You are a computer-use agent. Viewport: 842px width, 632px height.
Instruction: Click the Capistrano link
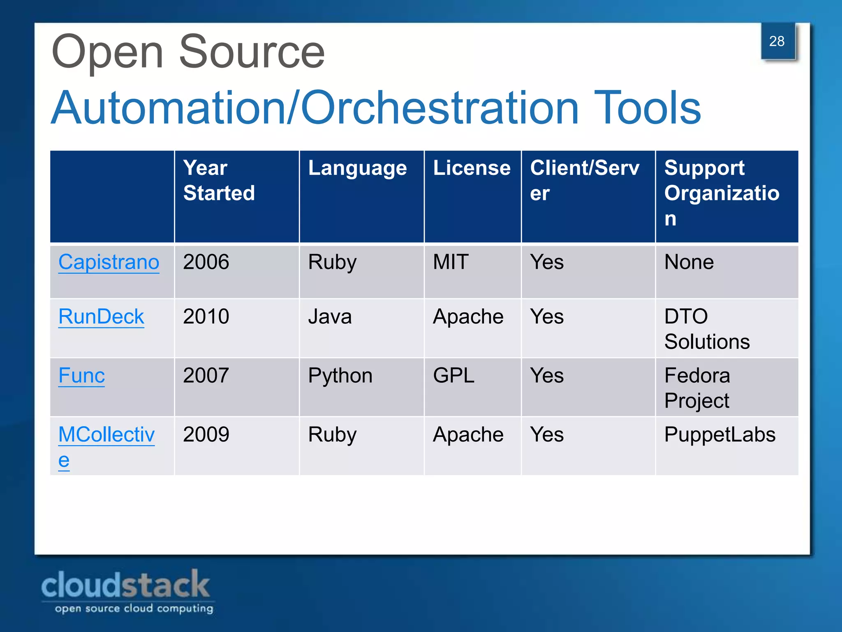109,262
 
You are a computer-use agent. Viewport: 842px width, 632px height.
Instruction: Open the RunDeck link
101,317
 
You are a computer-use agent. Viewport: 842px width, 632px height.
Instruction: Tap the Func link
81,376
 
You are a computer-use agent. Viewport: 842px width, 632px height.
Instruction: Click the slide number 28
777,41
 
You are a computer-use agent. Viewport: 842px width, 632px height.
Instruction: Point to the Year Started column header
219,180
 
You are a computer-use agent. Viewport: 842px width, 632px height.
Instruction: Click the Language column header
357,168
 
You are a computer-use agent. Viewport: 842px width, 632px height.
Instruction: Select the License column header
472,168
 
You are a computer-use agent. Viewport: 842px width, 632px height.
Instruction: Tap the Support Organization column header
722,193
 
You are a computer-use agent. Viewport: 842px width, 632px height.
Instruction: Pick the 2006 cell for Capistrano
206,262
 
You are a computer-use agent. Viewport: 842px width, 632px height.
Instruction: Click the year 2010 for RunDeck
206,317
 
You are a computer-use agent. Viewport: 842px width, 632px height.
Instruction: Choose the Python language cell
340,376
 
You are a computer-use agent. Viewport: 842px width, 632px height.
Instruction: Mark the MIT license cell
451,262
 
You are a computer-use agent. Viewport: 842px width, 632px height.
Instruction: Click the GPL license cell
453,376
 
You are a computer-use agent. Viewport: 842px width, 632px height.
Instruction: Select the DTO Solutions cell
707,329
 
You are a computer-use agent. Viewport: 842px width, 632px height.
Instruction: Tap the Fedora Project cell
697,388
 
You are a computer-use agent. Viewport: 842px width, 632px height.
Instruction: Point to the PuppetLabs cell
719,434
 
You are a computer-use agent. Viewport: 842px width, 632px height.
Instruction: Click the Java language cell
330,317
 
